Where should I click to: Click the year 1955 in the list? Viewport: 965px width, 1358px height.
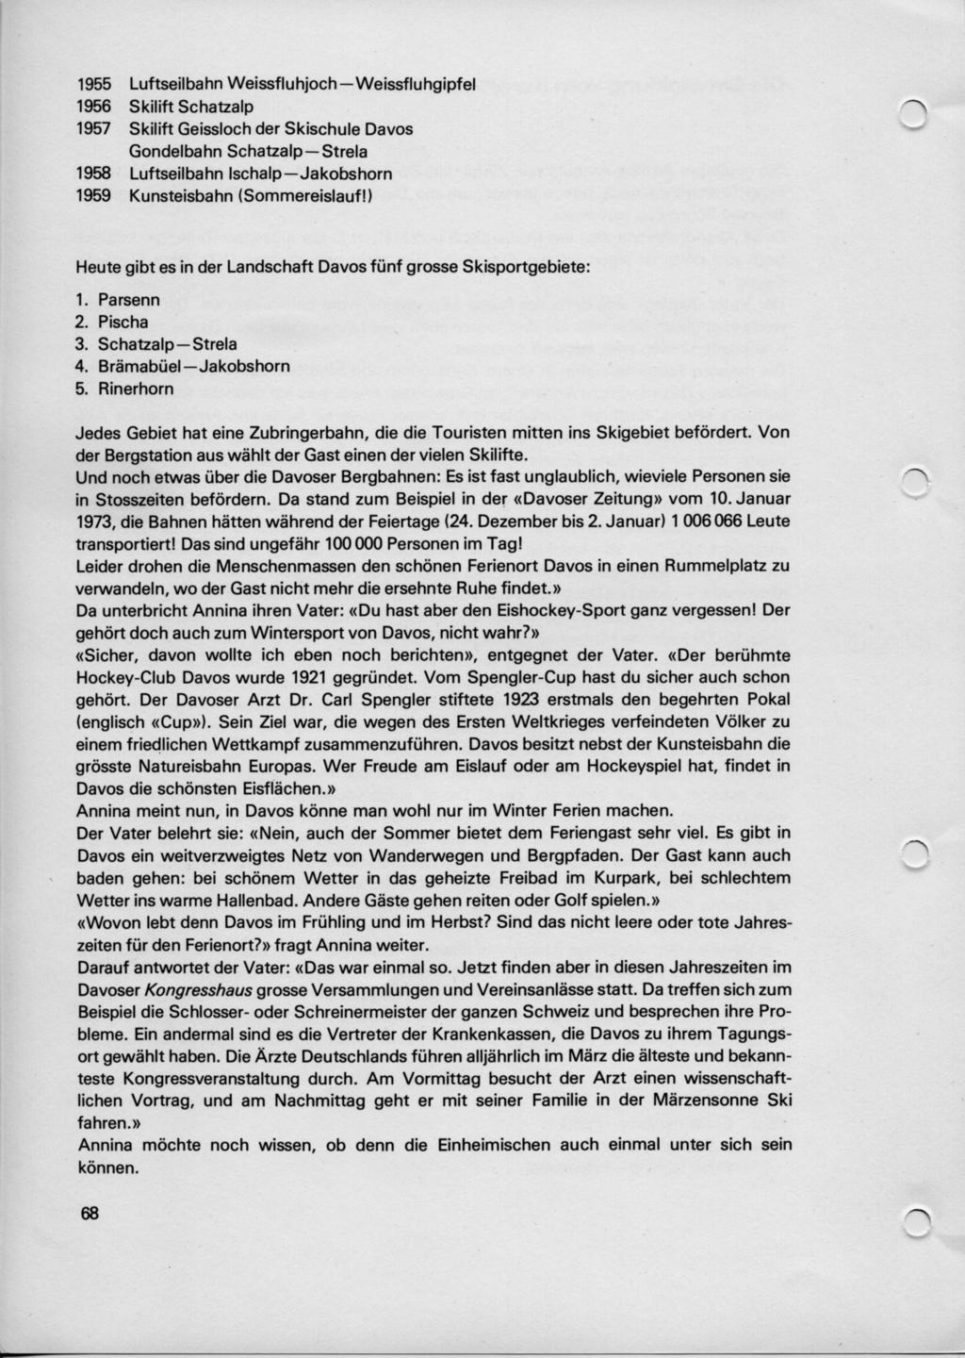pos(93,83)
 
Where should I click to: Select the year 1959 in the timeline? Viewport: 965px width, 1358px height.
pos(93,196)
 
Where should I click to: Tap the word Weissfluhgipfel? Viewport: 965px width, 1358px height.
pos(423,83)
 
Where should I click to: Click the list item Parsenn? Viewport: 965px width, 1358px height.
pos(129,299)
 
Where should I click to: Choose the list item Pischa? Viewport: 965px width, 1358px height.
pos(123,322)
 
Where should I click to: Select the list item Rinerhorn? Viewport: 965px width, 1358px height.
pos(136,389)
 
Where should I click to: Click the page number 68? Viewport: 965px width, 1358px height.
pos(89,1214)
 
